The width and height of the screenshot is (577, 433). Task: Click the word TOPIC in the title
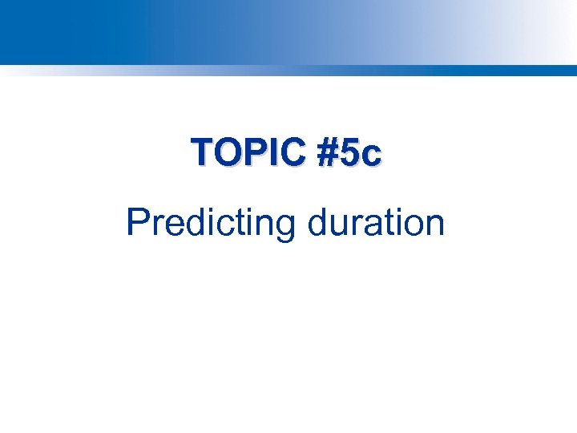[x=248, y=152]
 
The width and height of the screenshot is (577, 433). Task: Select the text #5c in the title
[x=349, y=152]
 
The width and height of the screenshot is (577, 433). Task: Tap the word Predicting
[x=211, y=222]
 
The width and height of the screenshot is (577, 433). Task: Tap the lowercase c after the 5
[x=371, y=155]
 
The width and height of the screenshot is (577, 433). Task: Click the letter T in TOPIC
[x=201, y=152]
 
